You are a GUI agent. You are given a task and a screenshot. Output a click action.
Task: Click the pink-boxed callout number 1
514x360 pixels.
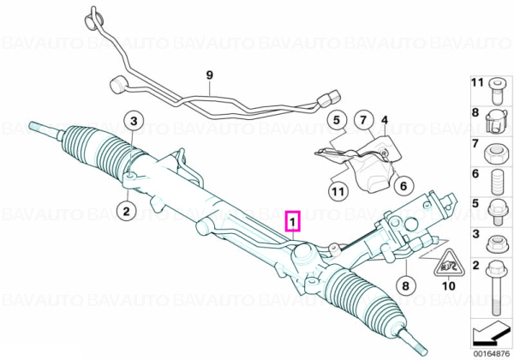coord(293,221)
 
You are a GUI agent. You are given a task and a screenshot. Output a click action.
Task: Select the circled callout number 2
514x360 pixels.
coord(127,211)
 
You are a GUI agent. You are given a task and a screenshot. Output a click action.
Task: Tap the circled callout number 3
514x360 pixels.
coord(134,121)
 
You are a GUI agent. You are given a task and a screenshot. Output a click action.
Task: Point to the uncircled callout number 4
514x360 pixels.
coord(384,120)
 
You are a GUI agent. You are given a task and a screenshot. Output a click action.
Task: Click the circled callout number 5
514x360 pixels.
coord(337,120)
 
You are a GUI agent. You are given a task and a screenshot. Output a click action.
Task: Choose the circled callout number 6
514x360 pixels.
coord(403,186)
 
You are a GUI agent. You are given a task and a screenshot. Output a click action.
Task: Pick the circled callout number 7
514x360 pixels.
coord(363,120)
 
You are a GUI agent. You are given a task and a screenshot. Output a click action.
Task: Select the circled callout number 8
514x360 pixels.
coord(405,285)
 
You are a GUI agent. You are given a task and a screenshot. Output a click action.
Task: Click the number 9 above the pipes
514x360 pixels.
coord(210,75)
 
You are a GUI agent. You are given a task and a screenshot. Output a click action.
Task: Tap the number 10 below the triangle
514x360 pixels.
coord(449,286)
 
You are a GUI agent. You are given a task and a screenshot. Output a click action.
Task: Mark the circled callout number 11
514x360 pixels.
coord(338,190)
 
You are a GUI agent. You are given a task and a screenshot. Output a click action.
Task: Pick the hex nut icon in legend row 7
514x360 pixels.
coord(493,153)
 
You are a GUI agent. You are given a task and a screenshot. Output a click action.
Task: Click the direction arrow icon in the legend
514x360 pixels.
coord(490,333)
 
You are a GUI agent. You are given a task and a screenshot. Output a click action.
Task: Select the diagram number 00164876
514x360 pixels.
coord(491,354)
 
